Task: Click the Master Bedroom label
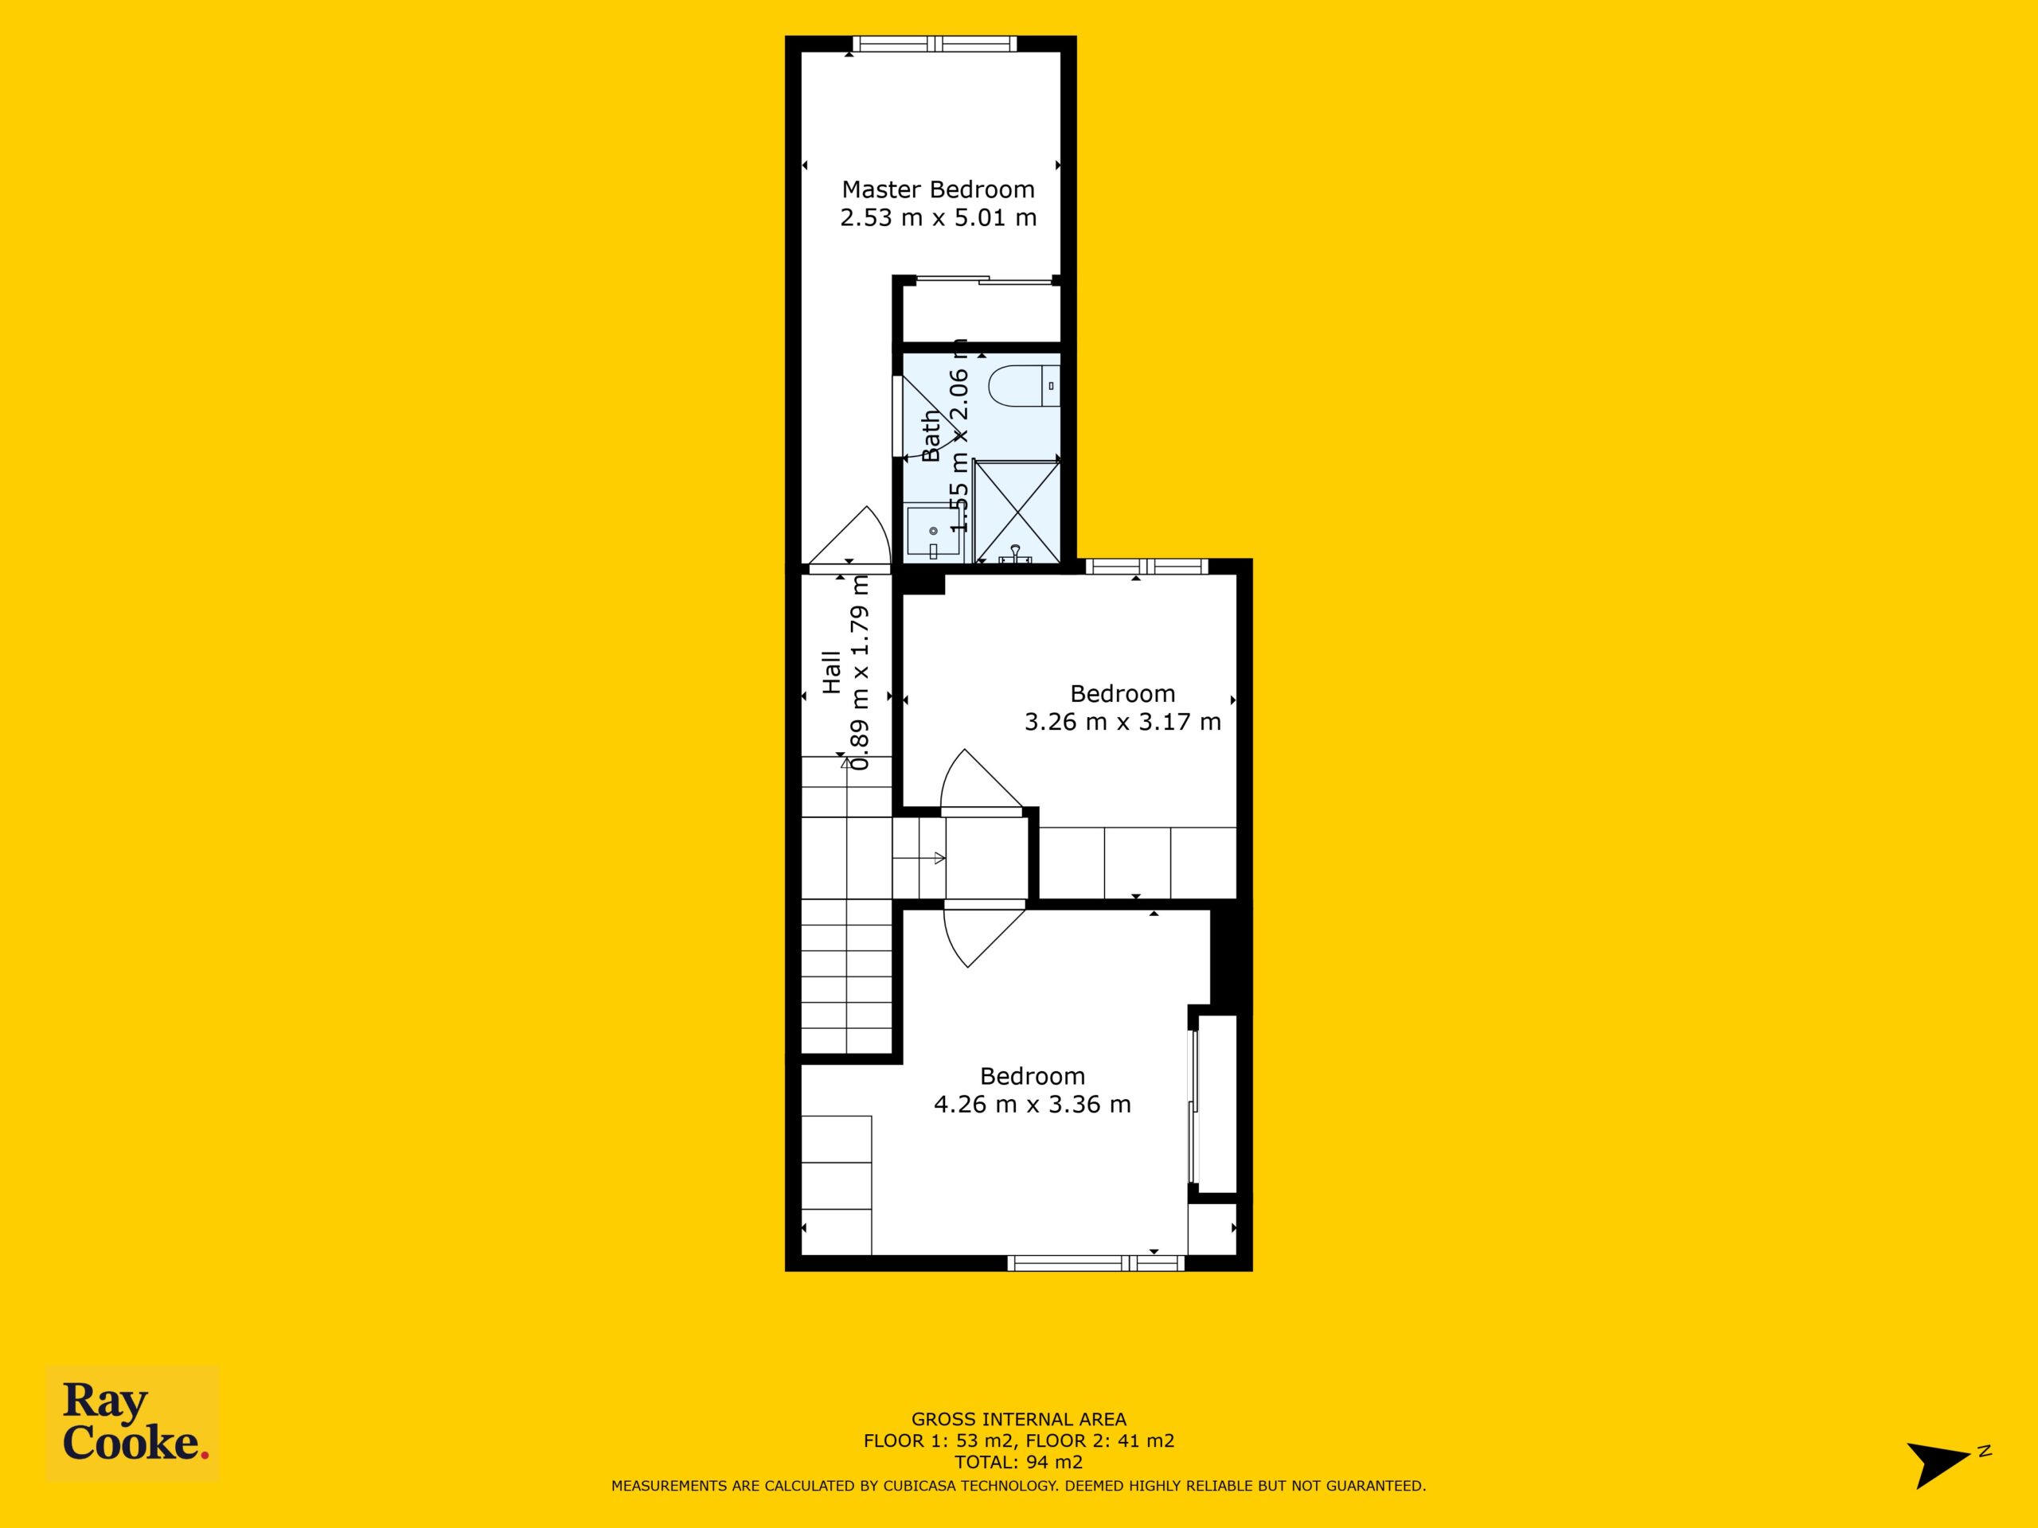point(938,189)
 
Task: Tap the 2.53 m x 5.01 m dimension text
point(938,218)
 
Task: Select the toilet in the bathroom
point(1024,386)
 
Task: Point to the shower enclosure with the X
point(1017,510)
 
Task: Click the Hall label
point(832,672)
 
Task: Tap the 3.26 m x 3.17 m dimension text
point(1122,722)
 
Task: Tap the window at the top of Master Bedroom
point(935,43)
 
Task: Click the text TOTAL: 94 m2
point(1018,1462)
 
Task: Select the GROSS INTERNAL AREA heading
point(1018,1419)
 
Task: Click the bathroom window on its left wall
point(897,415)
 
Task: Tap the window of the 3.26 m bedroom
point(1146,567)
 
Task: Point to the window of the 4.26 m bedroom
point(1095,1263)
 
